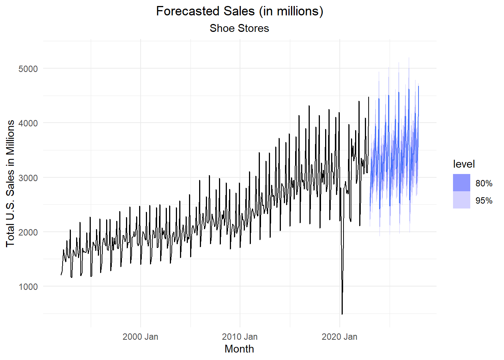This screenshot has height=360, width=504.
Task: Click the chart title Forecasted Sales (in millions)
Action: (x=239, y=11)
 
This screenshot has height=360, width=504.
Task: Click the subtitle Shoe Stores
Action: (x=239, y=28)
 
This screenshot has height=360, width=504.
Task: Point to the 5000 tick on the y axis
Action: (x=28, y=69)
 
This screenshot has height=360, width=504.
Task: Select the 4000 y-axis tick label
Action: (x=28, y=123)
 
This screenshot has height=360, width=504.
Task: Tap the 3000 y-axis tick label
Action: (x=28, y=178)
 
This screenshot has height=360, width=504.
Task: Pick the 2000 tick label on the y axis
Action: (x=28, y=232)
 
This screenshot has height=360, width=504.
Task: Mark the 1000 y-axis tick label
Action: (x=28, y=287)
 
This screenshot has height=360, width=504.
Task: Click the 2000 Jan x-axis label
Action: (x=140, y=337)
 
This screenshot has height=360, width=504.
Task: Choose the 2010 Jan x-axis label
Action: (x=240, y=337)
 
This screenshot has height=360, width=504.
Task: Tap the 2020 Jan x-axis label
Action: (x=339, y=337)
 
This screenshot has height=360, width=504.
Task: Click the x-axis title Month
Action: (x=239, y=349)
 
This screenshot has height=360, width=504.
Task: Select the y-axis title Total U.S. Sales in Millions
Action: (x=10, y=183)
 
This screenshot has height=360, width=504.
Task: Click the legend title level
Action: (x=463, y=164)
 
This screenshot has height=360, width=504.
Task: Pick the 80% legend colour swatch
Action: (x=461, y=183)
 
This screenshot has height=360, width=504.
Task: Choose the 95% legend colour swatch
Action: (x=461, y=200)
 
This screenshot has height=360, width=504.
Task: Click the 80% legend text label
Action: (x=484, y=183)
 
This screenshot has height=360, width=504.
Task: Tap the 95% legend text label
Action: (x=484, y=201)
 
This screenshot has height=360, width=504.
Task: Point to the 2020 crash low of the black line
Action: (x=342, y=314)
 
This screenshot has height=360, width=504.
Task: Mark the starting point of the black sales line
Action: (x=61, y=275)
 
